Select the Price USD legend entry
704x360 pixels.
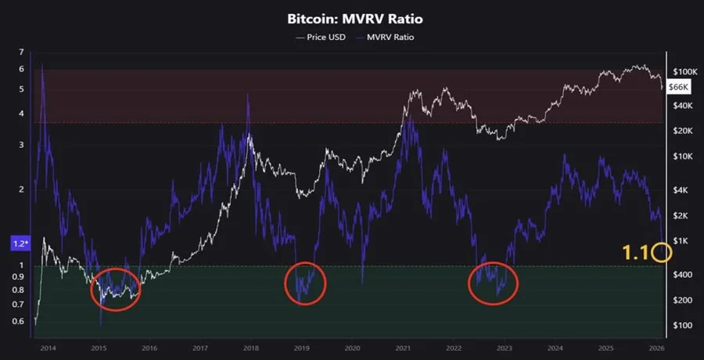pyautogui.click(x=321, y=37)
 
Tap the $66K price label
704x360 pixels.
pyautogui.click(x=678, y=88)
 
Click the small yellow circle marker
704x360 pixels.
pyautogui.click(x=662, y=252)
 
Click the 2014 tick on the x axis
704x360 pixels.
pyautogui.click(x=48, y=347)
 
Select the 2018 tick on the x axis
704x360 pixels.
pyautogui.click(x=251, y=347)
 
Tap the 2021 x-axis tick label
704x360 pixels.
pyautogui.click(x=404, y=347)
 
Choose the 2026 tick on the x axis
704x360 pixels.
pyautogui.click(x=657, y=347)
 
